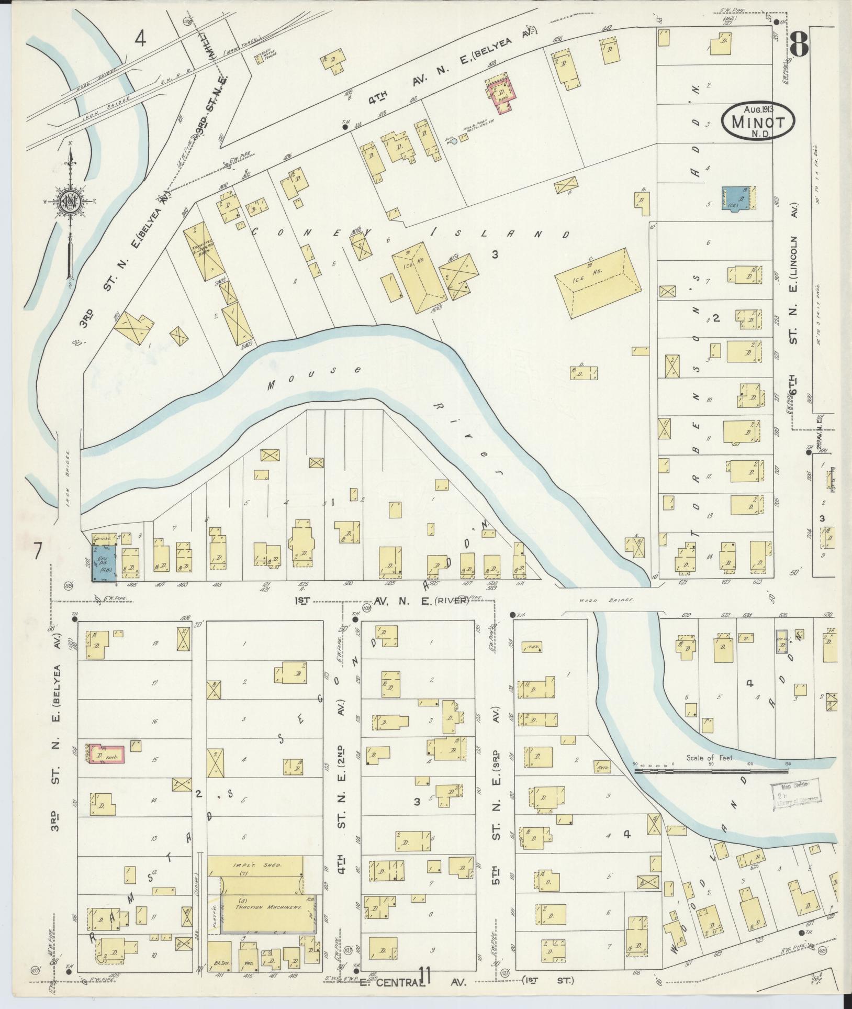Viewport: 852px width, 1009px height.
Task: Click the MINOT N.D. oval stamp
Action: tap(757, 121)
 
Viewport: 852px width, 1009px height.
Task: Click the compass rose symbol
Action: tap(69, 202)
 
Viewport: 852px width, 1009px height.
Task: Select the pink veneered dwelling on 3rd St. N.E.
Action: tap(107, 755)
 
